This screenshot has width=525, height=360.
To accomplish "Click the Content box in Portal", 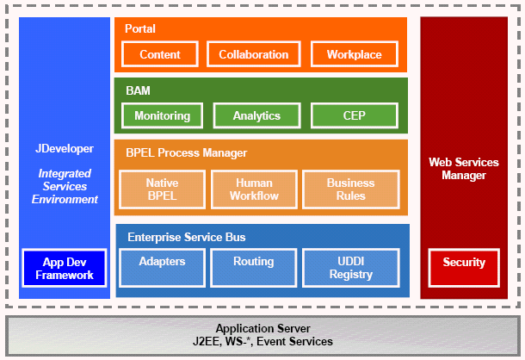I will tap(159, 54).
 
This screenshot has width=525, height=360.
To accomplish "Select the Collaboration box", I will tap(253, 54).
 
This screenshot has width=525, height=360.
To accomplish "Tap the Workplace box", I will tap(354, 54).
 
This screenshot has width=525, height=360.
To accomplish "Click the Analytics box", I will tap(256, 115).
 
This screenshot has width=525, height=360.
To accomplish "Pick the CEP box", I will tap(354, 115).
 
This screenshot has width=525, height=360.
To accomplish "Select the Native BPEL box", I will tap(162, 189).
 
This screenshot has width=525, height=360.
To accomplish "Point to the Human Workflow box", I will tap(253, 189).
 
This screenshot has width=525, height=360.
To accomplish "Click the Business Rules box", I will tap(350, 189).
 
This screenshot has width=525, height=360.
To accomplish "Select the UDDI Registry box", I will tap(350, 267).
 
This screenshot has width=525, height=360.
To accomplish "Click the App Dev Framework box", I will tap(64, 268).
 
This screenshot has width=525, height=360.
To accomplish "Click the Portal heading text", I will tap(140, 29).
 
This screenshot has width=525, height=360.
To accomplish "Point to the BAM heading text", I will tap(137, 89).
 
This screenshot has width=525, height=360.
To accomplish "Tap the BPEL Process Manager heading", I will tap(185, 152).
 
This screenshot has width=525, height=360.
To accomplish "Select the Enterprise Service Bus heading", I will tap(186, 236).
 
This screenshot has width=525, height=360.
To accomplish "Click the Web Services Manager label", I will tap(464, 169).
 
